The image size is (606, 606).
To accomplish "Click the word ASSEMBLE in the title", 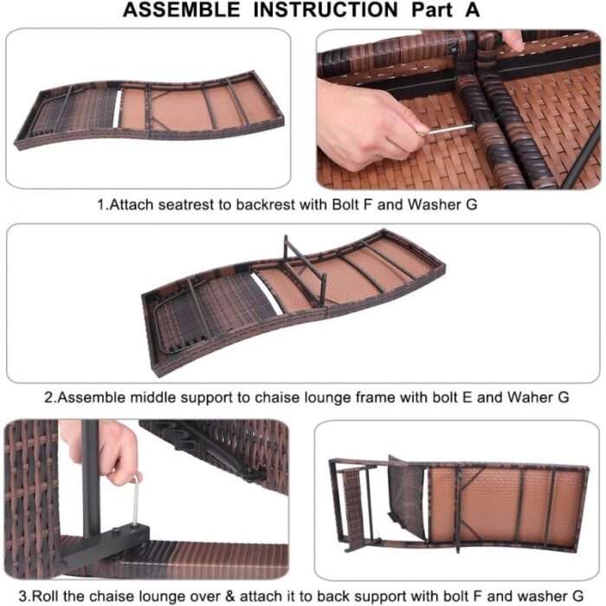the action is click(x=181, y=10).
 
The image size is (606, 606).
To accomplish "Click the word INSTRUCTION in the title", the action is click(x=326, y=10).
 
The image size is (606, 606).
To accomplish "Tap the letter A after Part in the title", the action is click(x=473, y=10).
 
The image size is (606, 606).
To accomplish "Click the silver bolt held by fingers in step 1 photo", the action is click(x=448, y=130).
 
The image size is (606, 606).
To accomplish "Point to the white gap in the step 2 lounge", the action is click(x=266, y=293).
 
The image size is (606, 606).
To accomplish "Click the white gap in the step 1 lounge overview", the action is click(x=117, y=108).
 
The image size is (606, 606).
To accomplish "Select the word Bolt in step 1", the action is click(x=345, y=204).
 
